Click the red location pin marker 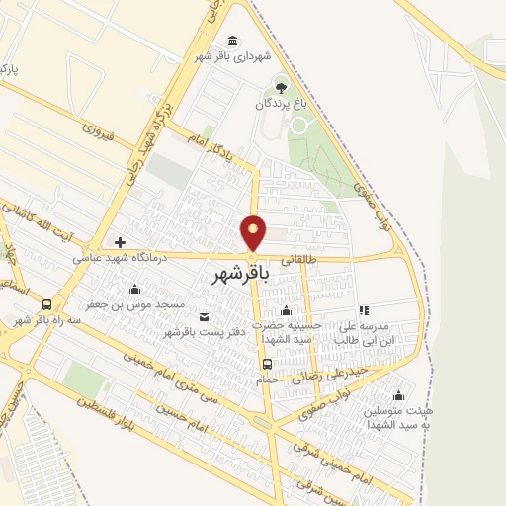coord(254,233)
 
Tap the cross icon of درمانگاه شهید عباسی coord(120,242)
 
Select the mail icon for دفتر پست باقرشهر coord(205,316)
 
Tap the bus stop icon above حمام coord(267,363)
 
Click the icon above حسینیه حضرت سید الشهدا coord(287,312)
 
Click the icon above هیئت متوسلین coord(398,395)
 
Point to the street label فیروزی coord(100,128)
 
